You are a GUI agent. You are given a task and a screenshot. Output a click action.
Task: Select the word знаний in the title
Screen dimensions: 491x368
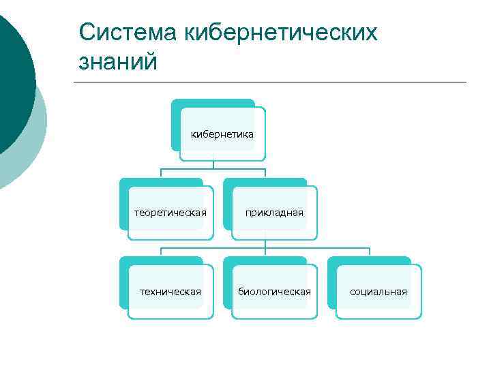(118, 62)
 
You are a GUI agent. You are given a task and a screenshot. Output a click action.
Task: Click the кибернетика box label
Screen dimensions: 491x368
(222, 134)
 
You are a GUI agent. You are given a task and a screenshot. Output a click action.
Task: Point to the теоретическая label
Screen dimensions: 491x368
(170, 213)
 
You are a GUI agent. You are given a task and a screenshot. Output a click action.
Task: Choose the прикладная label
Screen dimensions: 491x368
(274, 213)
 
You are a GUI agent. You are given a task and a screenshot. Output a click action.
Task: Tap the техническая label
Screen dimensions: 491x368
(170, 292)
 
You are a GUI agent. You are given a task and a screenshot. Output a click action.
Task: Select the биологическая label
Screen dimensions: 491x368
(274, 292)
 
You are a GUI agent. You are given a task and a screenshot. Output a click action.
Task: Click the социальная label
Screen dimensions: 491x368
(378, 292)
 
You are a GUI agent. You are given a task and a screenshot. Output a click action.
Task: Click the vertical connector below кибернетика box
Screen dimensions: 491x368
(213, 164)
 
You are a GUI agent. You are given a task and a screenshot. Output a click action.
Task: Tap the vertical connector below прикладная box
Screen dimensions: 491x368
(265, 244)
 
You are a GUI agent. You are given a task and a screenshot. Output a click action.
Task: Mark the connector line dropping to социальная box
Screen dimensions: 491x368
(370, 252)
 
